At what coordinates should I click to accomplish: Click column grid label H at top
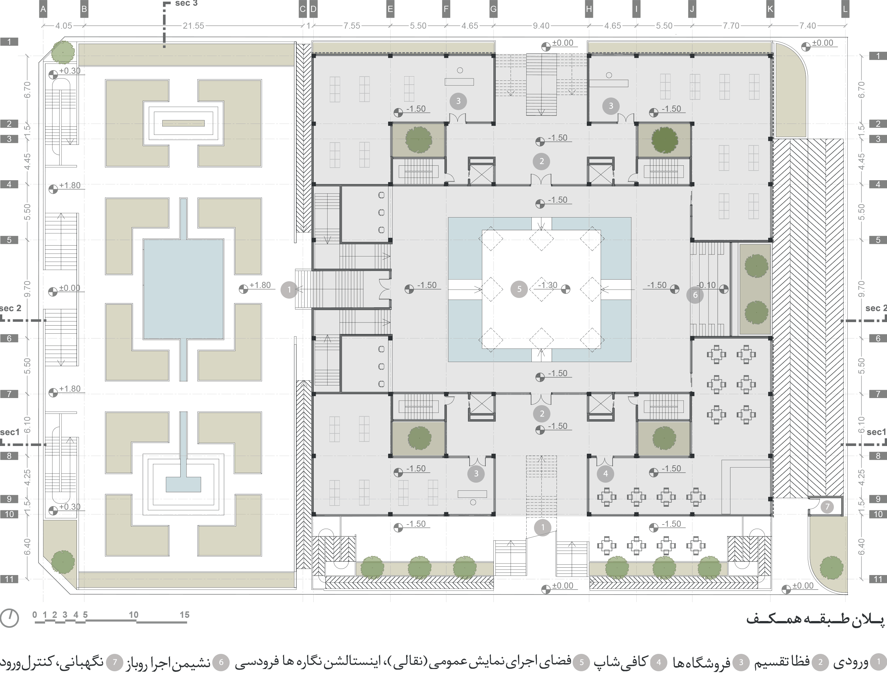588,10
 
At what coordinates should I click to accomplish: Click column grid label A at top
43,10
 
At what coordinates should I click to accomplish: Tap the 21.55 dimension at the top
193,26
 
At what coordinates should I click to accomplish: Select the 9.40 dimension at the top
541,26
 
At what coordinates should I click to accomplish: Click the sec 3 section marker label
186,4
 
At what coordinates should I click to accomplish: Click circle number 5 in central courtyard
519,289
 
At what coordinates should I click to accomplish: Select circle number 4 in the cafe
605,474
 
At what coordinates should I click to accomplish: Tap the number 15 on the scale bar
185,615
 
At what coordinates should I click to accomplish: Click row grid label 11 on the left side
9,579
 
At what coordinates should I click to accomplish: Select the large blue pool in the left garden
183,289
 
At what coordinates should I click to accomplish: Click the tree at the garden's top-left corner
62,52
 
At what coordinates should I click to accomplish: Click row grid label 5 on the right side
878,240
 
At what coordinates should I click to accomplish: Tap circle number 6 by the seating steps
695,295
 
